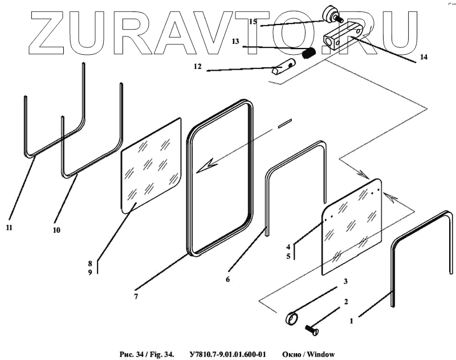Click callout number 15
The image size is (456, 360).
(x=253, y=22)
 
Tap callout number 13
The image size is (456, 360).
(x=235, y=42)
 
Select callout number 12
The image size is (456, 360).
(x=198, y=67)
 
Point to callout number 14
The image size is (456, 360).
(x=424, y=57)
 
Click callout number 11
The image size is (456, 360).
(x=9, y=228)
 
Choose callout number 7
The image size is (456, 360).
(x=136, y=296)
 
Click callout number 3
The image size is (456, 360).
(x=345, y=282)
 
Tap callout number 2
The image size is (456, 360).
(x=345, y=302)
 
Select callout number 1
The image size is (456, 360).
(x=351, y=321)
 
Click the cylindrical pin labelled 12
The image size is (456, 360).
(x=283, y=68)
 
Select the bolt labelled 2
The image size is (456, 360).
(x=311, y=329)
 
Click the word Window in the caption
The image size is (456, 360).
(x=321, y=354)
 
